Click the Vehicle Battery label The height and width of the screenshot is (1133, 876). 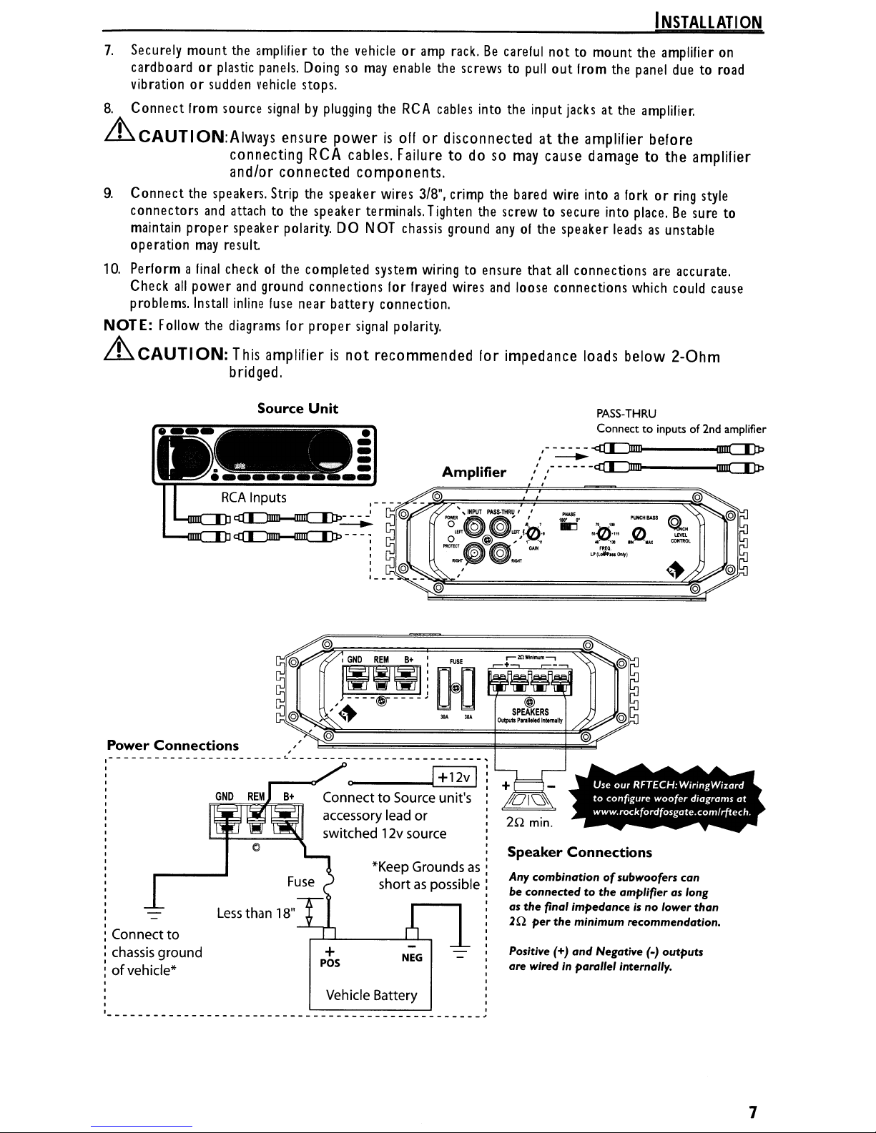(x=370, y=996)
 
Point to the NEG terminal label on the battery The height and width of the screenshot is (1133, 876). (x=412, y=958)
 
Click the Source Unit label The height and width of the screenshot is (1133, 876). (x=297, y=409)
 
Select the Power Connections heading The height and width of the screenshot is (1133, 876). (x=172, y=746)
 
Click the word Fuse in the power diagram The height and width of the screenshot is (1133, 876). (x=300, y=882)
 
